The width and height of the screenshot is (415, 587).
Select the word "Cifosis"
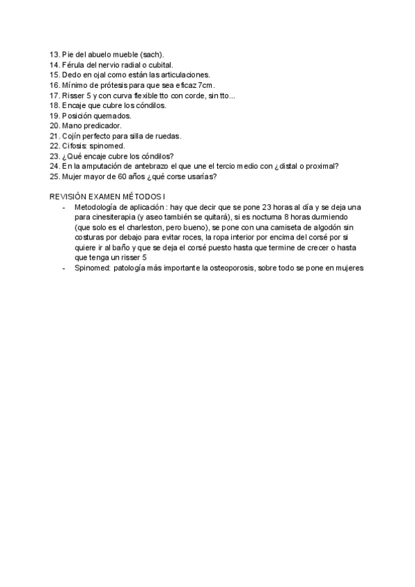click(x=74, y=146)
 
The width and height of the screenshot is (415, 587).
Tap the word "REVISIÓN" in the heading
click(x=68, y=197)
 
